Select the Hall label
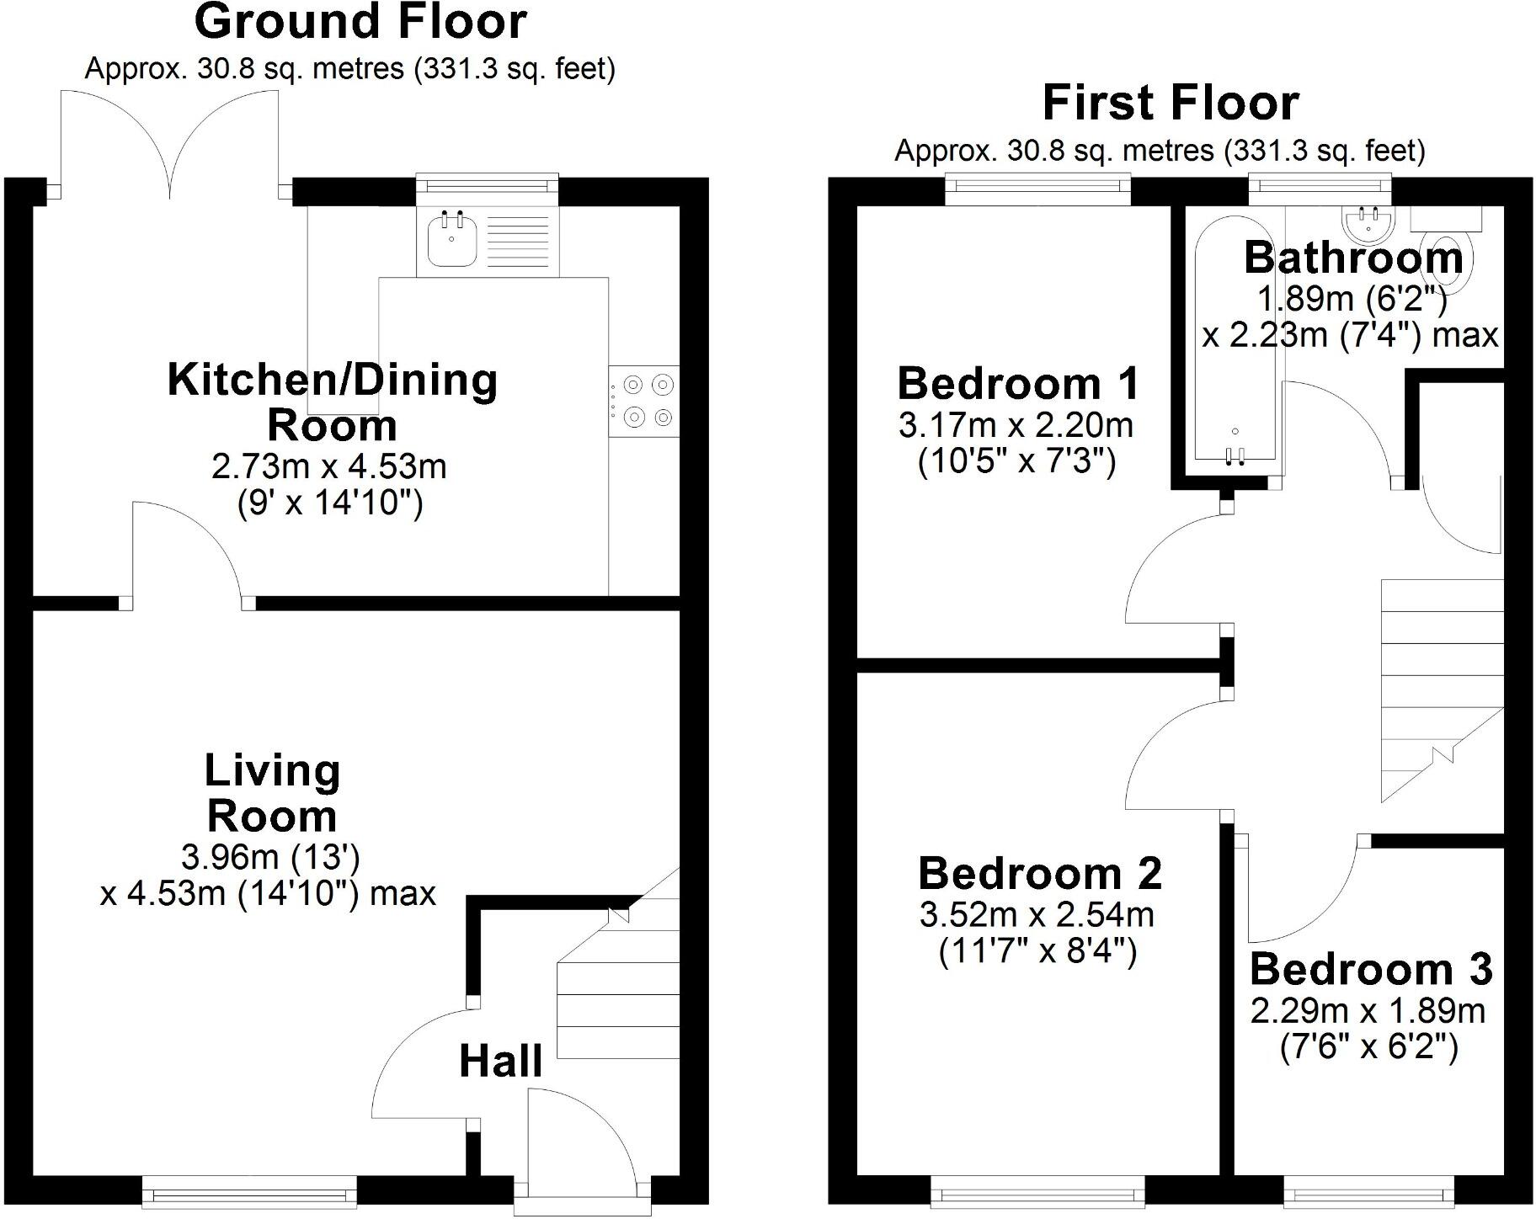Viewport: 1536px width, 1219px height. tap(500, 1061)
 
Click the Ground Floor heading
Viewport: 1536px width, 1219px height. tap(360, 22)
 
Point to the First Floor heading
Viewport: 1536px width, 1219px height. tap(1171, 103)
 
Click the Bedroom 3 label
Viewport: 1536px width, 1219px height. tap(1371, 969)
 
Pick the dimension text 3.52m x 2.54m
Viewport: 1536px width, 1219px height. tap(1037, 915)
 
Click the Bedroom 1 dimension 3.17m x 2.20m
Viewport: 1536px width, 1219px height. tap(1016, 425)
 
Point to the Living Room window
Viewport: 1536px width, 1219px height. tap(249, 1192)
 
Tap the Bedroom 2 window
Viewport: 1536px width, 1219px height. tap(1037, 1192)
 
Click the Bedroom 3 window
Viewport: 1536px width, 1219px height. tap(1369, 1192)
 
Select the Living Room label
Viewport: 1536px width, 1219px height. tap(272, 793)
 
